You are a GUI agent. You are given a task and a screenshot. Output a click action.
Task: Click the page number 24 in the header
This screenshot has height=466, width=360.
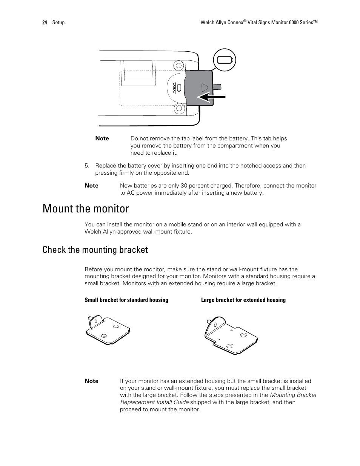coord(45,23)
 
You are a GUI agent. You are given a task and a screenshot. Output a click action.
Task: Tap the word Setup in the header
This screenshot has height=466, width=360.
coord(58,23)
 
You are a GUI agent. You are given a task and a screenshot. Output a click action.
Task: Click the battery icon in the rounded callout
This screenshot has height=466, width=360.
coord(225,60)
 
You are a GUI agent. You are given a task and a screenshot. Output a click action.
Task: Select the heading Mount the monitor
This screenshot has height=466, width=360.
coord(86,209)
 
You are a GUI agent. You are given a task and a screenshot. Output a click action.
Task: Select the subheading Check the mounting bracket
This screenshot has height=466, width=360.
coord(95,250)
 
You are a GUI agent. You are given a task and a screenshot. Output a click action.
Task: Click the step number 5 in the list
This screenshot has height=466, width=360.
coord(86,166)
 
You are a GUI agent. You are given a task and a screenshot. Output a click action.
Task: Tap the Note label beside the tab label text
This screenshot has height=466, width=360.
coord(102,138)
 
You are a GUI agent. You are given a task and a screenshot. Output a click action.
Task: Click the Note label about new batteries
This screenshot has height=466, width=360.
coord(91,186)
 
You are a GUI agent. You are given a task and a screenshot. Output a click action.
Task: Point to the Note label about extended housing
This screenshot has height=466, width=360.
coord(91,381)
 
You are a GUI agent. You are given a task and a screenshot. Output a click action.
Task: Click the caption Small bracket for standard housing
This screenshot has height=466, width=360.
coord(126,300)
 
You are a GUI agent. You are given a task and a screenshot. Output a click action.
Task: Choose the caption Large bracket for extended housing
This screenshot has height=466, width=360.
coord(243,300)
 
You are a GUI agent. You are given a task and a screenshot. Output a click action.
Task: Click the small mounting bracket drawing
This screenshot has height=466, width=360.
coord(108,330)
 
